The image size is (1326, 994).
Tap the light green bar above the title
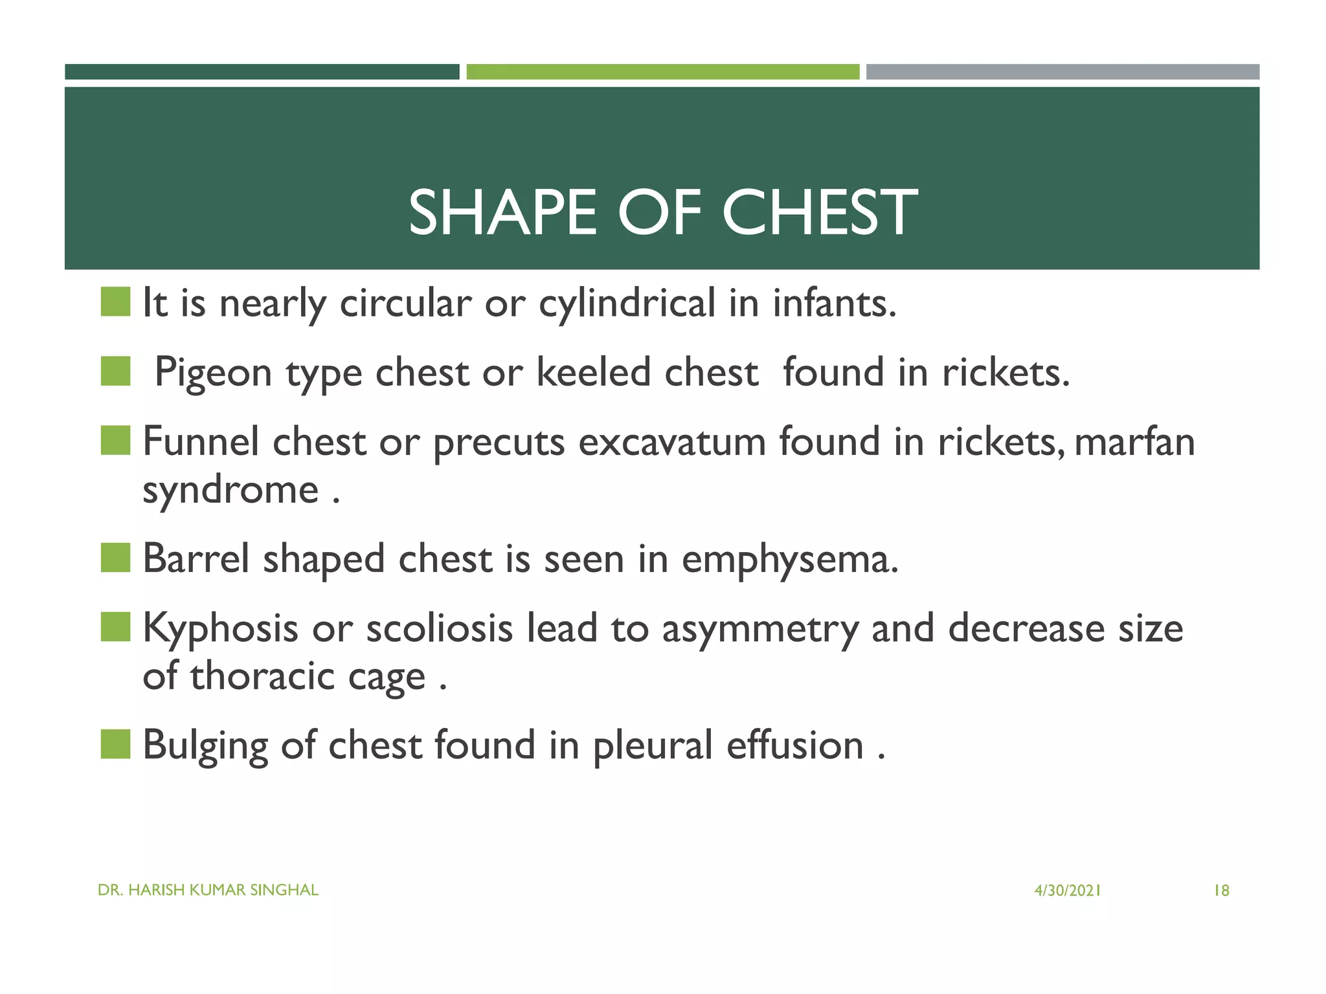[x=662, y=72]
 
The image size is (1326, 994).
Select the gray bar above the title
[x=1062, y=72]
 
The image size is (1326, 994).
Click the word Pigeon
[x=213, y=373]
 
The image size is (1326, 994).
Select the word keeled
[x=593, y=373]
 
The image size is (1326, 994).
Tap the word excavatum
[x=671, y=443]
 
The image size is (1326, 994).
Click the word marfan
[x=1134, y=443]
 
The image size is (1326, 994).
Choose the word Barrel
[x=196, y=558]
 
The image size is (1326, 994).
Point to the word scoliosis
[x=439, y=628]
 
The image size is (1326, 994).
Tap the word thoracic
[x=262, y=676]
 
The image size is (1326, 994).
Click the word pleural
[x=653, y=745]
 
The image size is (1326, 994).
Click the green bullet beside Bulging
[x=116, y=744]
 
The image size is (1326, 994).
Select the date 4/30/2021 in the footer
[x=1067, y=891]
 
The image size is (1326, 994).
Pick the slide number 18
[x=1221, y=891]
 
